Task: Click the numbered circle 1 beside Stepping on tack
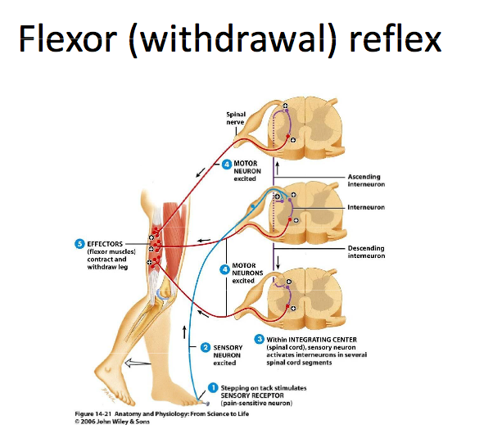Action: point(213,387)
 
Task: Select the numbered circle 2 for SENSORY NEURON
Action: point(206,346)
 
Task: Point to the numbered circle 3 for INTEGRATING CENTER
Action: point(260,339)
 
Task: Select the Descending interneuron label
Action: point(366,251)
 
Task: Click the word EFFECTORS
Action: point(106,243)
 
